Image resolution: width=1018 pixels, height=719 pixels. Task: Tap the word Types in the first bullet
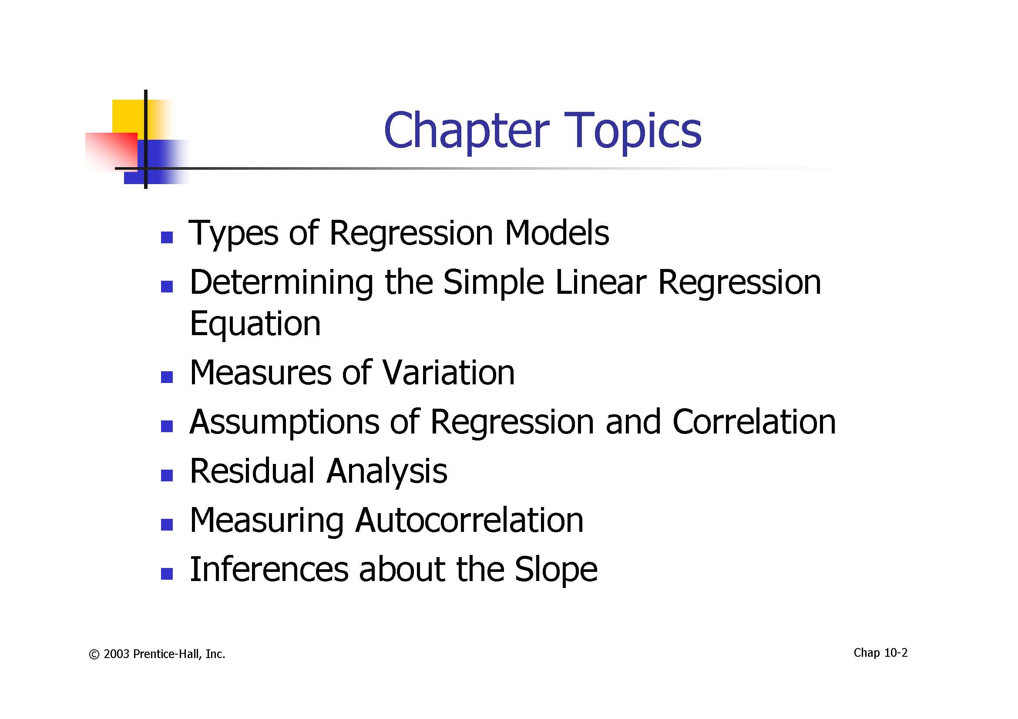[x=234, y=234]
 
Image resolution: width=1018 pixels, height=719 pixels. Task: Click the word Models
[x=557, y=233]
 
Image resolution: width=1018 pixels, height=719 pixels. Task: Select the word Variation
[x=449, y=373]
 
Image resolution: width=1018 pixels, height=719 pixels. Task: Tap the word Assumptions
[x=284, y=423]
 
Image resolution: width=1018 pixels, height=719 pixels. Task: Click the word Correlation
[x=754, y=421]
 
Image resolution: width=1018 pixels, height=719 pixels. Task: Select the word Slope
[x=556, y=571]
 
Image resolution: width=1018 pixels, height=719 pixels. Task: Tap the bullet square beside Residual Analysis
[x=167, y=476]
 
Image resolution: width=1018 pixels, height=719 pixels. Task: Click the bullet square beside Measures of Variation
[x=167, y=377]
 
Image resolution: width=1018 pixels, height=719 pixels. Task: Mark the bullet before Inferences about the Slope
[x=167, y=574]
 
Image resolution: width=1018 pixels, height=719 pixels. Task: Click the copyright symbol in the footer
[x=94, y=655]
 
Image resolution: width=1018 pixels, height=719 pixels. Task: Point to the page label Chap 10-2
[x=880, y=653]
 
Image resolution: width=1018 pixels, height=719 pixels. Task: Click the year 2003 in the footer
[x=117, y=654]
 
